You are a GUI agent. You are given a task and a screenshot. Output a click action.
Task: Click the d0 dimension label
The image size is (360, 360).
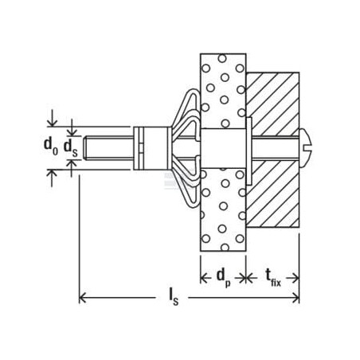51,147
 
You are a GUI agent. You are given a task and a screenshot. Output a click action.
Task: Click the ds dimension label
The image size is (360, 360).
71,148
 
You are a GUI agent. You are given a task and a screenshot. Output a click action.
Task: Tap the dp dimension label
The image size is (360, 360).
224,277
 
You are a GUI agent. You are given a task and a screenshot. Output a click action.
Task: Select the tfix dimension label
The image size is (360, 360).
273,278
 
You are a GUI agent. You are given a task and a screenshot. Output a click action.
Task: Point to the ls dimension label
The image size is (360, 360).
174,296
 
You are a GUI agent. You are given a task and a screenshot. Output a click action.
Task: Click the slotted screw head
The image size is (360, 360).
306,148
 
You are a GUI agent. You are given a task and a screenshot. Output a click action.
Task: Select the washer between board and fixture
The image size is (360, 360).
249,151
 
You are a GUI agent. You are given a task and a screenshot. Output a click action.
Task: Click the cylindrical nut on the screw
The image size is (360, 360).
151,148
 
